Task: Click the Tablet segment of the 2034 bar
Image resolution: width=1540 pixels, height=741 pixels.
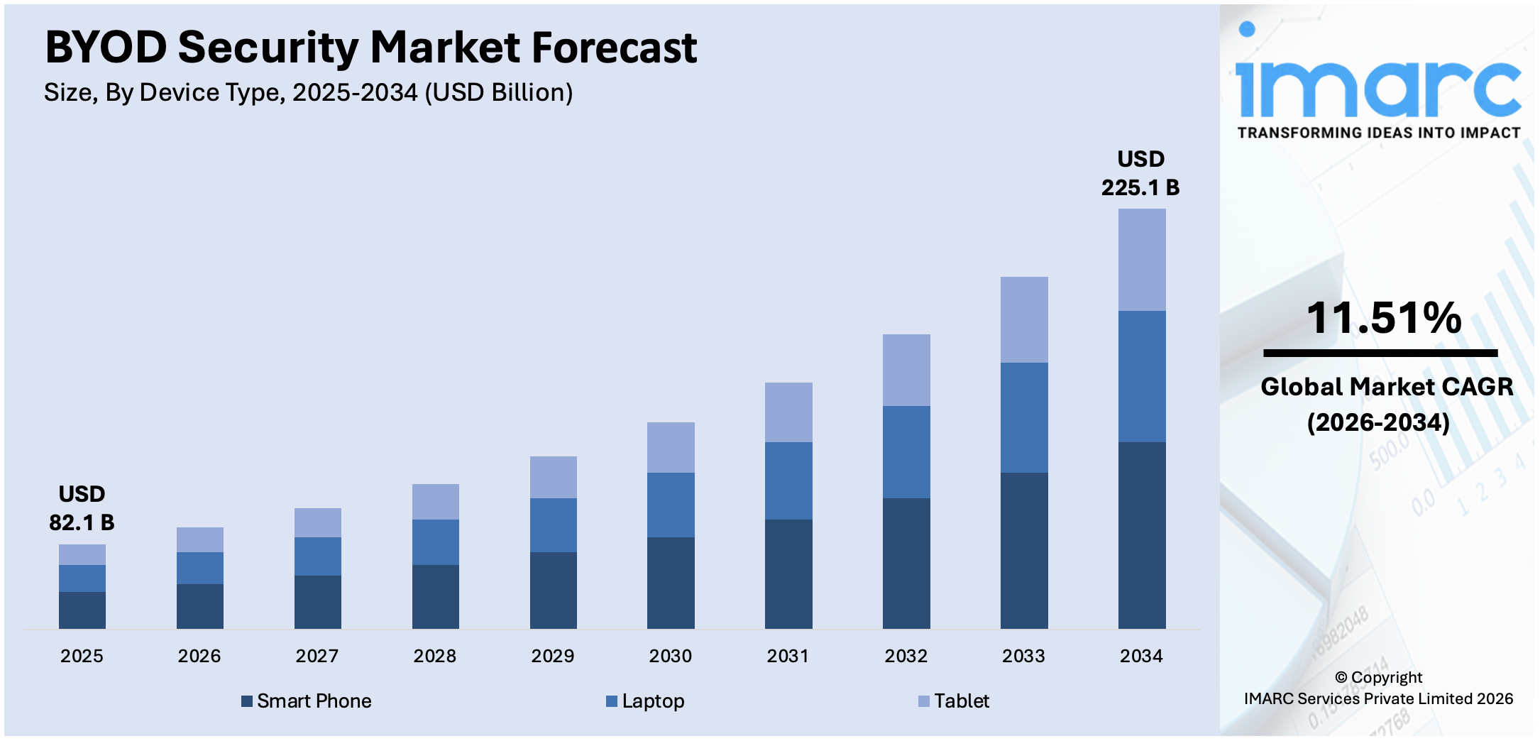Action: coord(1141,260)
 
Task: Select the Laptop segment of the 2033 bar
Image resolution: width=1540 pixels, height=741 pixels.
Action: coord(1023,417)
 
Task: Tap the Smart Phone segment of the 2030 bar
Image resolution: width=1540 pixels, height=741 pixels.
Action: coord(671,582)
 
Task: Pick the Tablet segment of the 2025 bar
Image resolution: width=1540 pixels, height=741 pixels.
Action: coord(82,554)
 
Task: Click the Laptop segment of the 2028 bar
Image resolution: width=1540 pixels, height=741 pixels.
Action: coord(435,542)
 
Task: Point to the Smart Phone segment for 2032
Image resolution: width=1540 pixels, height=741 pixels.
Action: coord(906,563)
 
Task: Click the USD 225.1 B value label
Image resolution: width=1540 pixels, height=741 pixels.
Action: coord(1140,174)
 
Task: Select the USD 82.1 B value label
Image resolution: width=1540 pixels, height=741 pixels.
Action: coord(82,509)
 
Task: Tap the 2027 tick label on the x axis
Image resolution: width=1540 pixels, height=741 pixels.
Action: coord(317,656)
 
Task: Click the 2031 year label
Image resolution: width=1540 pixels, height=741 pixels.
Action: coord(788,656)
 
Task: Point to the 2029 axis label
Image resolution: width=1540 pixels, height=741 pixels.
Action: coord(552,656)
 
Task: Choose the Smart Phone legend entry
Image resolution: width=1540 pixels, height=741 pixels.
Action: coord(307,701)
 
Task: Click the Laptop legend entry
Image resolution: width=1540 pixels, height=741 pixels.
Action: coord(646,701)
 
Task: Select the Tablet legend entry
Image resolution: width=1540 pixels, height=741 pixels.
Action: coord(954,701)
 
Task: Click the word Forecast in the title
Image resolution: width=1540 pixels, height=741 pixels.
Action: coord(614,48)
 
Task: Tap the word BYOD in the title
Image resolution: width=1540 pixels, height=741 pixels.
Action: coord(106,48)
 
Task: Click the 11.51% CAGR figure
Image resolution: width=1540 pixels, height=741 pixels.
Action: coord(1383,317)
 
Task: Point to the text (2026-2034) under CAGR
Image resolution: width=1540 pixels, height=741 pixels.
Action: coord(1379,423)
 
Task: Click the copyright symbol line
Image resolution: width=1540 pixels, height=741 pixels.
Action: coord(1378,677)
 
